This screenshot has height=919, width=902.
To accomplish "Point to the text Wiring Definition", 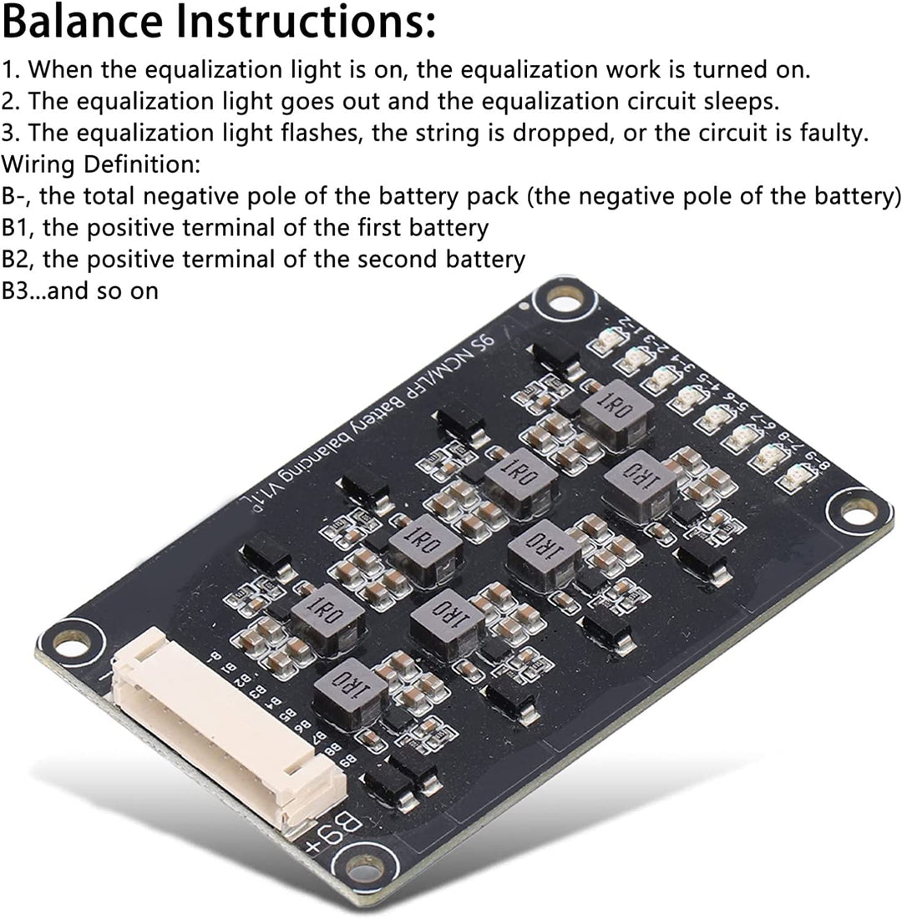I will click(101, 164).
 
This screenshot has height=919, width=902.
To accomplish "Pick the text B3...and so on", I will click(80, 290).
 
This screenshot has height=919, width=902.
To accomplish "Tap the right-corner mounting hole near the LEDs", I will click(858, 512).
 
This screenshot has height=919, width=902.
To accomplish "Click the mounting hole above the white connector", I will click(71, 642).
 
